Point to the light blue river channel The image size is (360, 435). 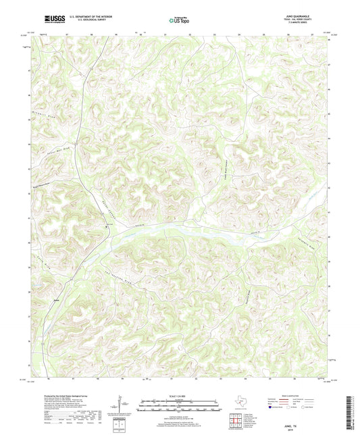(203, 232)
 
